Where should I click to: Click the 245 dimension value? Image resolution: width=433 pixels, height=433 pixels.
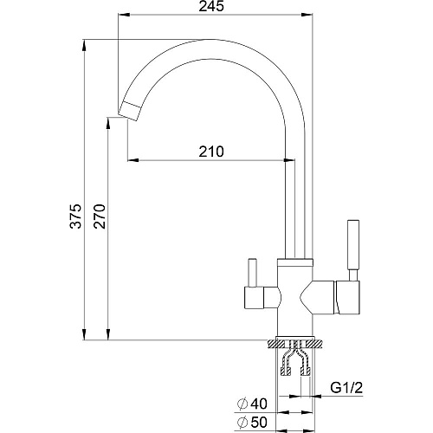(x=211, y=6)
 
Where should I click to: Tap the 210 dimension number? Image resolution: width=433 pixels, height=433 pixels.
(x=211, y=152)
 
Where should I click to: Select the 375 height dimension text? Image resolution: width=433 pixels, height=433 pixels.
(x=75, y=216)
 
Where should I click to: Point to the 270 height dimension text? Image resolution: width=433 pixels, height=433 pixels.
(x=100, y=216)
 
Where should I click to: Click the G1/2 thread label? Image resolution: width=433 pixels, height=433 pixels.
(x=346, y=388)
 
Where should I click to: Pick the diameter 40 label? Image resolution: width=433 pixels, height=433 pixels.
(x=252, y=404)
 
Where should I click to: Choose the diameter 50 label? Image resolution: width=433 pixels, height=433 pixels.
(x=252, y=423)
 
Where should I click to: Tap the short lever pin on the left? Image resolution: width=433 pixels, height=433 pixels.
(x=253, y=272)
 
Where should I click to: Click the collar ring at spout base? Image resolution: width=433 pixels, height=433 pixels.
(x=294, y=262)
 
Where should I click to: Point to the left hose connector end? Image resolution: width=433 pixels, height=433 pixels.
(x=286, y=372)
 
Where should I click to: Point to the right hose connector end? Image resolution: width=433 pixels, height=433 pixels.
(x=306, y=372)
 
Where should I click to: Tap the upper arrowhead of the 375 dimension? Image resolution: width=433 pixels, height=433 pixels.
(x=84, y=44)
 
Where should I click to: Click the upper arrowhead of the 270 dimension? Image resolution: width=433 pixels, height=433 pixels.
(x=108, y=123)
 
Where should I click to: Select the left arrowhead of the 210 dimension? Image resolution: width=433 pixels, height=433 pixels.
(x=132, y=159)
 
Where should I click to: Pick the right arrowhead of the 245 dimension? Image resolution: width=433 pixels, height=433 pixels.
(x=307, y=15)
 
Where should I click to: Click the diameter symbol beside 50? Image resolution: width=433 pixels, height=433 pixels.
(x=242, y=423)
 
